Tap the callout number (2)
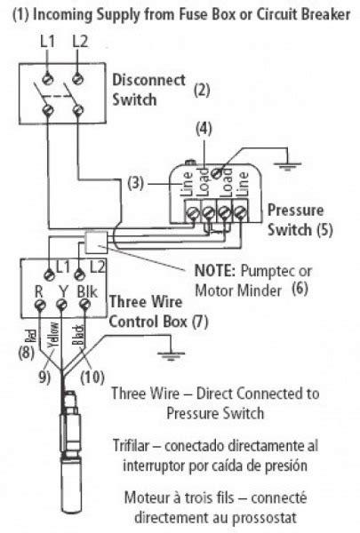click(202, 89)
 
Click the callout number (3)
click(134, 184)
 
